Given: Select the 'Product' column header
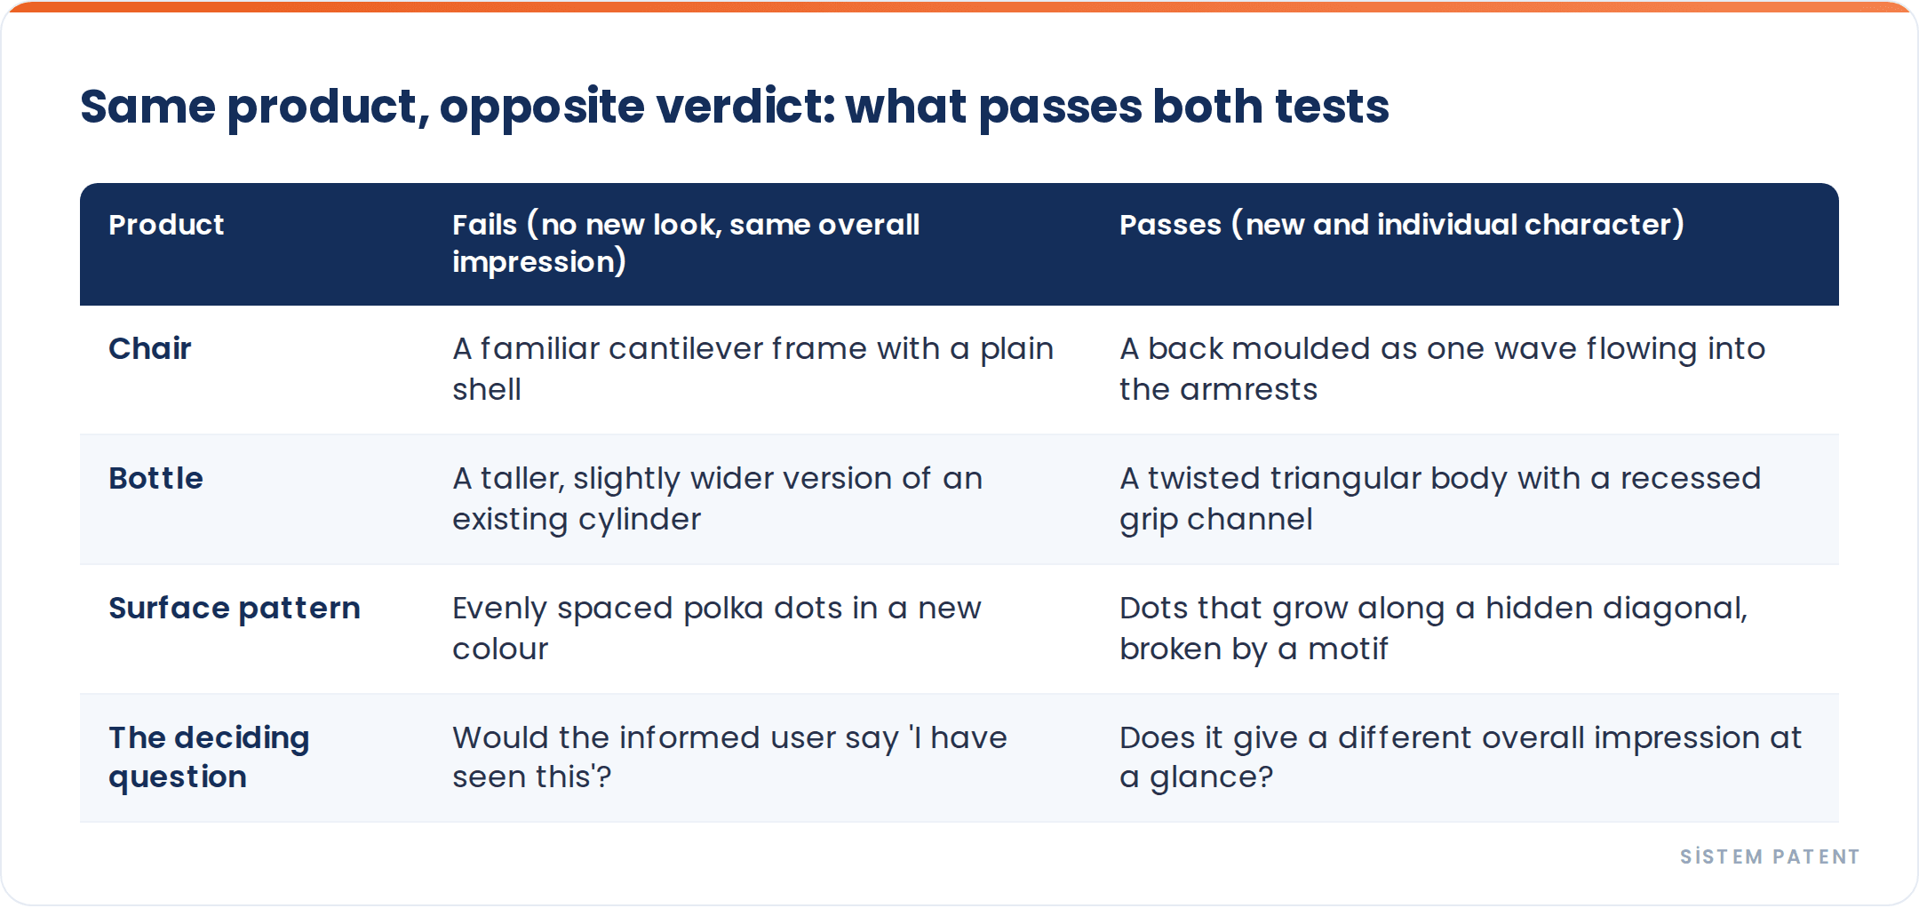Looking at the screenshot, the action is pos(166,225).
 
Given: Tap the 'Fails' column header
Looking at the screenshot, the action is pos(686,243).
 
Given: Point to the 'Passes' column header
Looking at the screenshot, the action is pos(1402,225).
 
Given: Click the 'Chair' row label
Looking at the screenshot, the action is pos(150,348).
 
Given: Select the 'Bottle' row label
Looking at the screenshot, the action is pos(155,478).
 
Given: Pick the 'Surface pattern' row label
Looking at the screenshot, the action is pos(235,609).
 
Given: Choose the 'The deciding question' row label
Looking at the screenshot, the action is pos(209,757).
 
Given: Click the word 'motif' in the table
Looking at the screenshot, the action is pos(1348,649).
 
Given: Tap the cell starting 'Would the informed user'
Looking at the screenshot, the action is pos(729,757).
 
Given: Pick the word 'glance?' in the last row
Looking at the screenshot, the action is pos(1212,777).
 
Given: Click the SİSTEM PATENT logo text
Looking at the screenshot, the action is pos(1770,856).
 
